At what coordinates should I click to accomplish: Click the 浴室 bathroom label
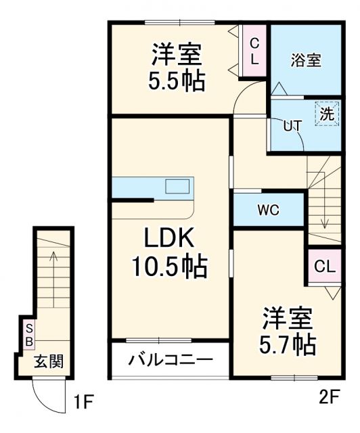(x=306, y=60)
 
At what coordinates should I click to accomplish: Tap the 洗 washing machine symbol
(x=326, y=114)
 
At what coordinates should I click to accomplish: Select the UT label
(x=292, y=126)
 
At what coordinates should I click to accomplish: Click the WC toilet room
(x=269, y=209)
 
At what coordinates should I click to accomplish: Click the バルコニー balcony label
(x=171, y=358)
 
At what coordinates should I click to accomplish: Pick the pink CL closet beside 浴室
(x=254, y=51)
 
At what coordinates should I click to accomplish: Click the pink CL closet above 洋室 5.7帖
(x=324, y=267)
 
